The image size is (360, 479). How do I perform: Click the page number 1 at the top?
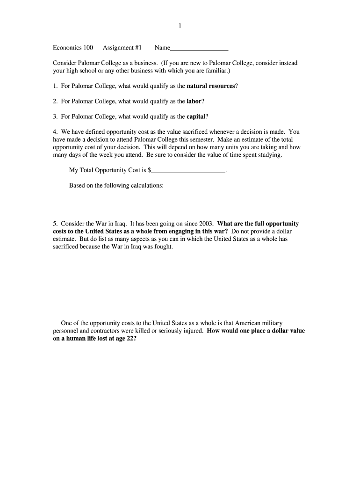180,26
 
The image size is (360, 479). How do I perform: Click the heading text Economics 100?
73,48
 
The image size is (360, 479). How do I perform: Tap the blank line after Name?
200,48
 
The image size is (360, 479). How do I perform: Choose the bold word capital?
196,116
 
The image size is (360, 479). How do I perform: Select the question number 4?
55,132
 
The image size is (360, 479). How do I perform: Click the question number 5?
55,224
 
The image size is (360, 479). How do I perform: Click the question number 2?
55,101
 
